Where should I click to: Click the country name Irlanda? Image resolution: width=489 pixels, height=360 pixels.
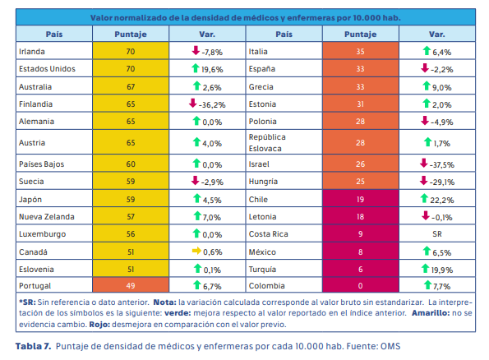33,51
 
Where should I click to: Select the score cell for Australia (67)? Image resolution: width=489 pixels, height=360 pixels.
130,85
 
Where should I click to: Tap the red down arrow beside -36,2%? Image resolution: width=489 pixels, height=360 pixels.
191,103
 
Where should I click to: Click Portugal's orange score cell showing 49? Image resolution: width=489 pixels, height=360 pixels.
130,285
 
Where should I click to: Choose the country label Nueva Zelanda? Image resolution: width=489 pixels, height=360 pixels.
48,216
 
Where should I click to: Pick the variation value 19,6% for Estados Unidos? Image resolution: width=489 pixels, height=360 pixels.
213,68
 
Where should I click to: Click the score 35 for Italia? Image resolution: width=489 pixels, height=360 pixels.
360,51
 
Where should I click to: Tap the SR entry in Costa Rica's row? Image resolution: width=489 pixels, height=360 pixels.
436,233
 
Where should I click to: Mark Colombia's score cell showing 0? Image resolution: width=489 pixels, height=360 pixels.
360,285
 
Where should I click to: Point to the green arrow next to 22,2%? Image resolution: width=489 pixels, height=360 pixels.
423,199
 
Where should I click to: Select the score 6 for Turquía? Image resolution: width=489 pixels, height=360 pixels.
360,268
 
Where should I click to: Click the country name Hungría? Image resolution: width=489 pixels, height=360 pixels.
266,182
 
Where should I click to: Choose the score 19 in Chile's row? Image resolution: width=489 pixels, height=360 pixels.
360,199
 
